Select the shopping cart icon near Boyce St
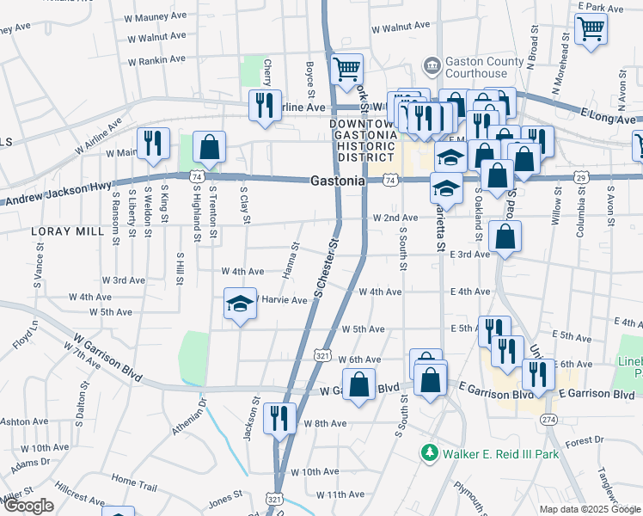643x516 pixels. pos(346,69)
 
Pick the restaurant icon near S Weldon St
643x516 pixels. pos(153,144)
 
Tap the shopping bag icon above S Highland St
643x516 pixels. pos(209,147)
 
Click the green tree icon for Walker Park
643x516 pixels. pos(428,452)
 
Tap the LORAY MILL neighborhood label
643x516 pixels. pos(62,232)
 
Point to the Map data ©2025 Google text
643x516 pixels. pos(589,509)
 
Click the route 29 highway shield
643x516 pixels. pos(582,176)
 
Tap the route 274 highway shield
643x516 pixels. pos(548,419)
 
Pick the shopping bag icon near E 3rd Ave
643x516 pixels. pos(505,236)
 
